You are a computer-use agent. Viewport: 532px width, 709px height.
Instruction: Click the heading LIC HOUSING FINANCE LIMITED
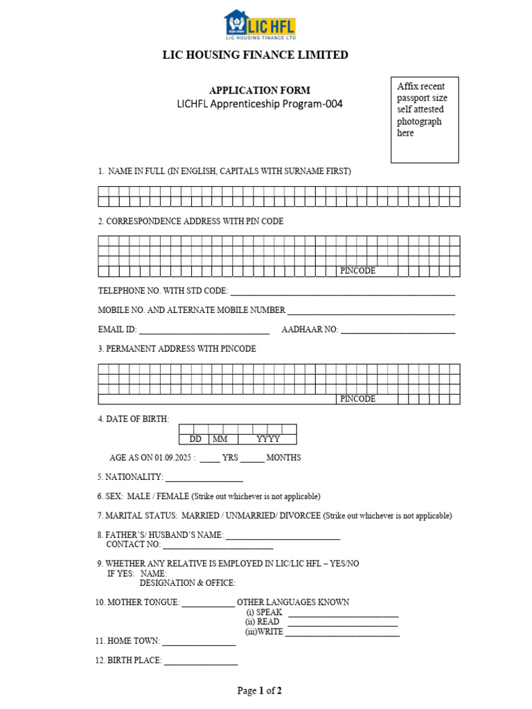[255, 55]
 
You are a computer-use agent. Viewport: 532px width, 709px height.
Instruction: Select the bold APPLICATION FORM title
[260, 90]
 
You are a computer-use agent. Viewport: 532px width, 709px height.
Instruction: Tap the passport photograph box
[425, 120]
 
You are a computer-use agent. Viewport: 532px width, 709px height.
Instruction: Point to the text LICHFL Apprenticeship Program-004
[260, 105]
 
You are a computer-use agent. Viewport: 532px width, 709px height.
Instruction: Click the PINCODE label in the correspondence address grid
[357, 271]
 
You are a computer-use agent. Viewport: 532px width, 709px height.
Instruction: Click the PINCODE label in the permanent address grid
[357, 399]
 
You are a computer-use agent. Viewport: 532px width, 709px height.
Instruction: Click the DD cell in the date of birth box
[195, 439]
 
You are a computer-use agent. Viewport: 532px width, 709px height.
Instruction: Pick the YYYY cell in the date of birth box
[267, 439]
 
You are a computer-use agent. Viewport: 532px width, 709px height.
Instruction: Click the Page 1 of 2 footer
[260, 690]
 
